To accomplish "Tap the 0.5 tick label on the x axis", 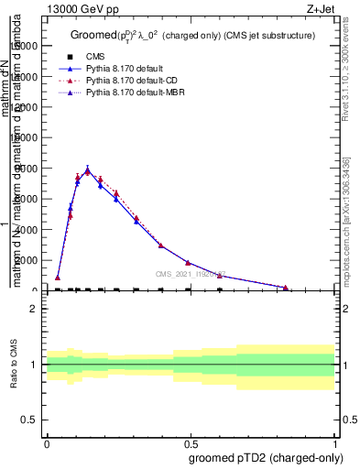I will (x=191, y=442).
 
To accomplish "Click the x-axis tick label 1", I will (x=335, y=442).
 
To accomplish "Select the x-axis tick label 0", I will (x=47, y=442).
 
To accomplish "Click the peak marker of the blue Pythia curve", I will (x=88, y=171).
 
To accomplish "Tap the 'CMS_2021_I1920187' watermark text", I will (x=191, y=274).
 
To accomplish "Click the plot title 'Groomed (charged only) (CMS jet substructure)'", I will (x=193, y=36).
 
